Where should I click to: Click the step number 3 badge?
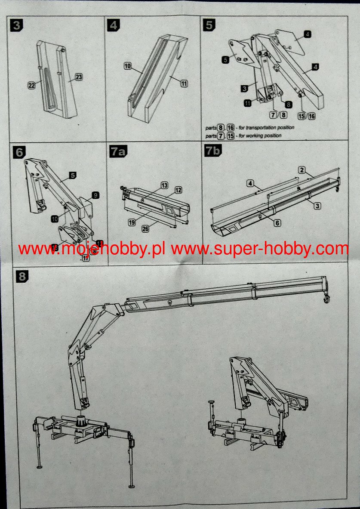[x=17, y=25]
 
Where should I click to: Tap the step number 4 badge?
[x=114, y=25]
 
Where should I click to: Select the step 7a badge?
[x=117, y=152]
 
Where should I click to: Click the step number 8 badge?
[x=21, y=277]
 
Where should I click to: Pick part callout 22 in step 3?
[x=31, y=86]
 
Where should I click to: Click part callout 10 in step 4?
[x=128, y=66]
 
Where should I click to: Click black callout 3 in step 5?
[x=244, y=89]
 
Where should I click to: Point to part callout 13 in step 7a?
[x=164, y=185]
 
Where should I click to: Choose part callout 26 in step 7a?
[x=145, y=229]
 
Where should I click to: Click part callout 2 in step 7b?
[x=303, y=170]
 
